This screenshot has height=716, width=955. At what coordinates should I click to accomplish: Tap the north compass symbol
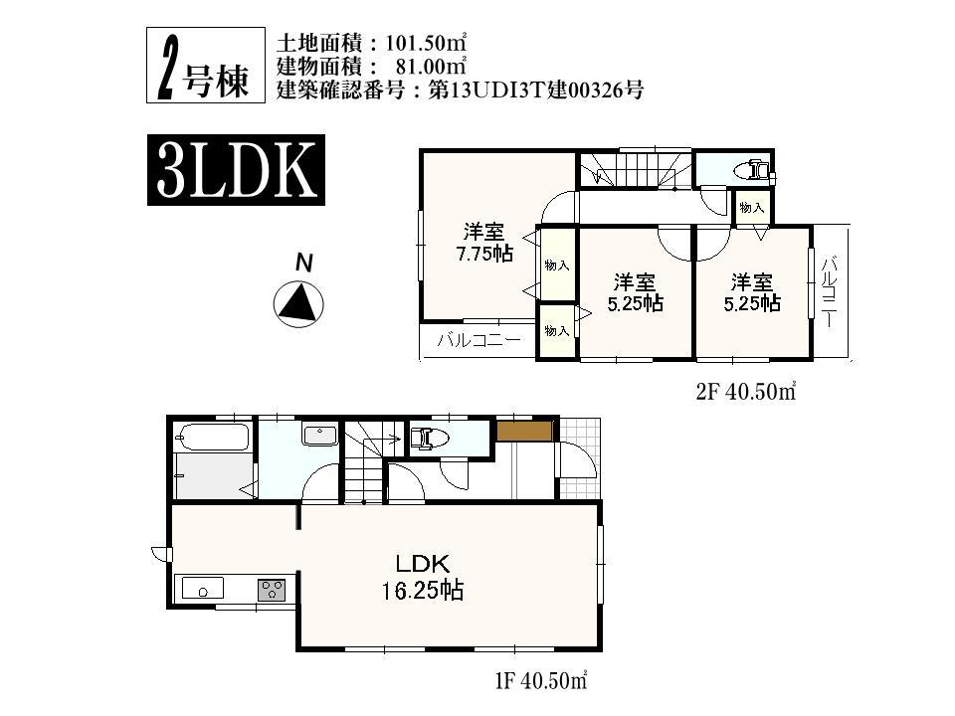298,302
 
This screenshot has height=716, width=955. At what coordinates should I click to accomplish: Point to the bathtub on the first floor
211,437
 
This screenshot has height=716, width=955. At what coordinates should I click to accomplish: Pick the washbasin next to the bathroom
318,435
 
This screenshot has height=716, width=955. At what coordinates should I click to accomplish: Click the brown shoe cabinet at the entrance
524,431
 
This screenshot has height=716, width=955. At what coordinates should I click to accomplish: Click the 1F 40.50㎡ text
538,682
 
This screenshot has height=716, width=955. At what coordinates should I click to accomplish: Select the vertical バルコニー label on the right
830,292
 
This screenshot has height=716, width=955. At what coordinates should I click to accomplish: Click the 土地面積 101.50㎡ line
371,45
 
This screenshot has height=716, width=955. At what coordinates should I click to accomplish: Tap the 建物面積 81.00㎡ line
371,67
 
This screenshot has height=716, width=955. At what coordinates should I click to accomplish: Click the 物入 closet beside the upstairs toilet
752,208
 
